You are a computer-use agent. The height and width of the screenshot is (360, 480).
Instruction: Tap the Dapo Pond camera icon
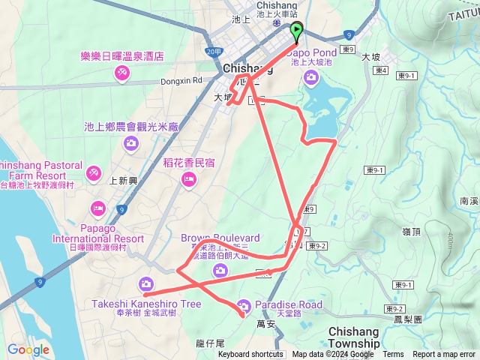point(310,76)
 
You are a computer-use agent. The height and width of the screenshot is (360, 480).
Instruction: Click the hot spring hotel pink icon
point(120,73)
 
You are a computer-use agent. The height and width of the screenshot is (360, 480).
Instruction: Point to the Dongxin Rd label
point(182,79)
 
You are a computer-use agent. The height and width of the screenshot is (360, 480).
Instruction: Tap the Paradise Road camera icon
point(243,305)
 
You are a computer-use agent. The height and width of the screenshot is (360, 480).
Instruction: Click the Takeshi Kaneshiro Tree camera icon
point(145,283)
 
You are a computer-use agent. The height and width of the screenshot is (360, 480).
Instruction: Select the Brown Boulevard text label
point(220,238)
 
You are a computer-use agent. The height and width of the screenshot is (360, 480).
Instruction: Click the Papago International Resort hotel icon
point(97,208)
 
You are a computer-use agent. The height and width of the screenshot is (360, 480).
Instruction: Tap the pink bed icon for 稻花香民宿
point(188,178)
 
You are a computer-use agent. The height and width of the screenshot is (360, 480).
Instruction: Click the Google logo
point(28,349)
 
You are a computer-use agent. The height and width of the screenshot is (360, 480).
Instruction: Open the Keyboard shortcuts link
point(250,355)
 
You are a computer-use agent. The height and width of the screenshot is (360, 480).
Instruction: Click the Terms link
point(393,355)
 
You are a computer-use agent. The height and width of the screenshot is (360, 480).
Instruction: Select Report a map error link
point(444,355)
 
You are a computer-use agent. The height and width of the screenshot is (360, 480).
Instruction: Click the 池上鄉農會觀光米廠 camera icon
point(131,142)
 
